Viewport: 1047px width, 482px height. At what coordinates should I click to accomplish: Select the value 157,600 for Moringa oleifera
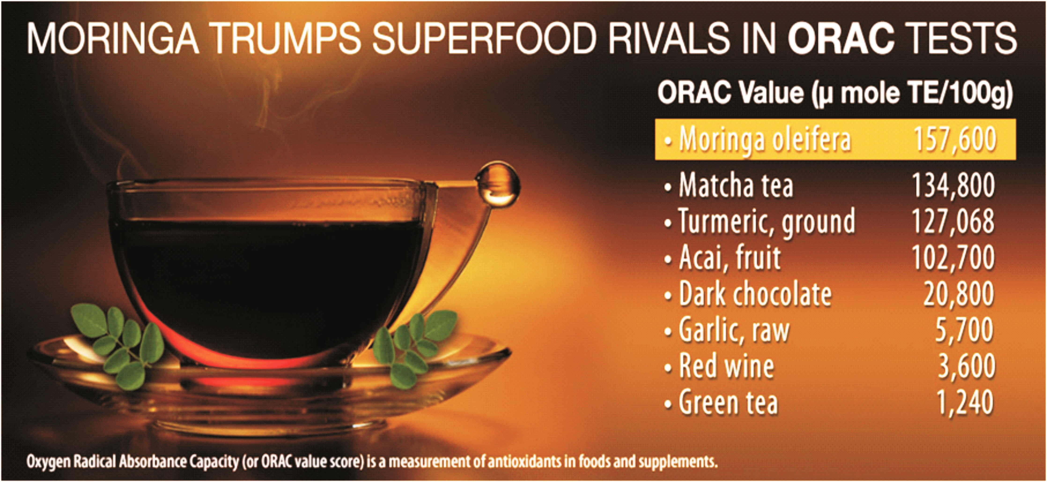(x=955, y=139)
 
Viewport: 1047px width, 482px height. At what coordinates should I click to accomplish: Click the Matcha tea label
(x=736, y=186)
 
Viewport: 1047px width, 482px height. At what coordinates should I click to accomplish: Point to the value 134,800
(x=954, y=186)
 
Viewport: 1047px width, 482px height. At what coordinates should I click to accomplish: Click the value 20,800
(x=959, y=294)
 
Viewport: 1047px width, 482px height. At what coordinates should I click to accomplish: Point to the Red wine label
(x=726, y=366)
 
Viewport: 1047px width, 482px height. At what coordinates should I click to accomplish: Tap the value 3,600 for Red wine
(x=966, y=366)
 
